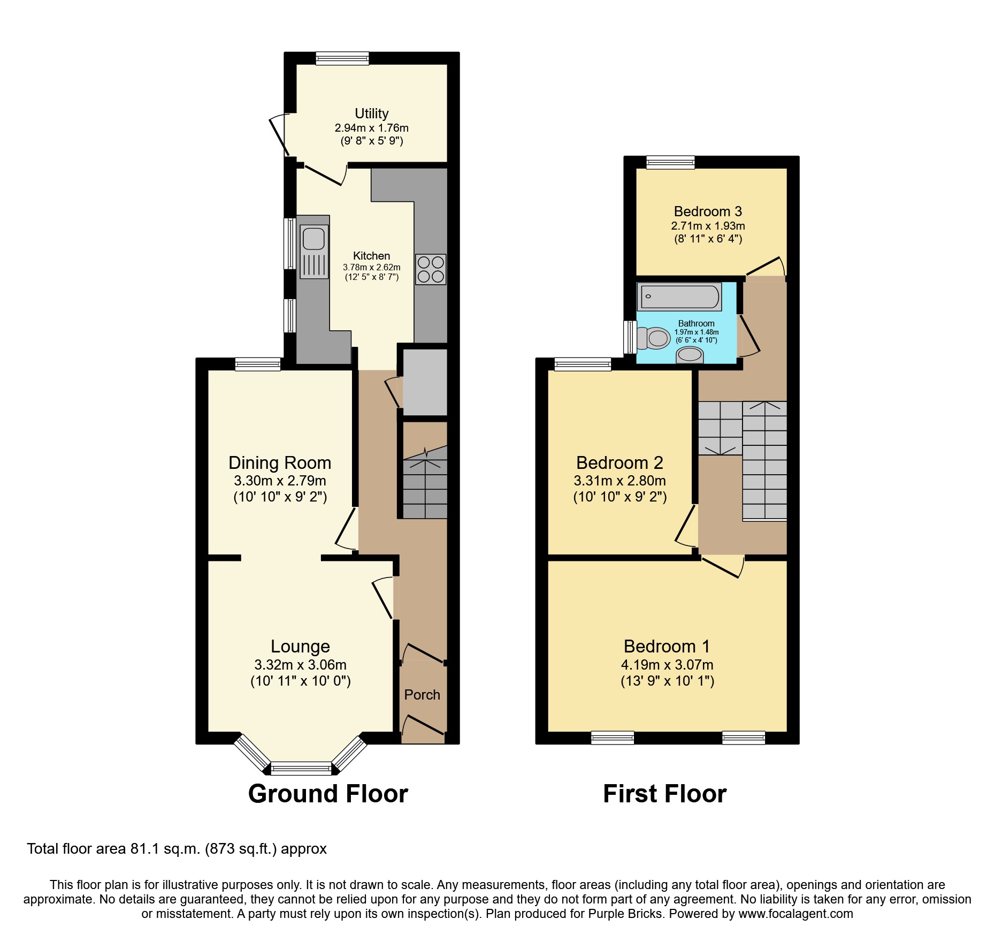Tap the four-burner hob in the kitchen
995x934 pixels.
pyautogui.click(x=431, y=269)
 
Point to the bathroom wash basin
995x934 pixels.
pyautogui.click(x=690, y=355)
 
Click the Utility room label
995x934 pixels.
pyautogui.click(x=371, y=113)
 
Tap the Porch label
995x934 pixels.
pyautogui.click(x=422, y=695)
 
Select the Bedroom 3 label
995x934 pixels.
pyautogui.click(x=708, y=211)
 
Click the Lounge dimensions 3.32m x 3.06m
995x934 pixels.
pyautogui.click(x=300, y=665)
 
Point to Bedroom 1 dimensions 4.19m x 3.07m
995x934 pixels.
pyautogui.click(x=667, y=665)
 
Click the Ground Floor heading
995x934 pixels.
pyautogui.click(x=328, y=793)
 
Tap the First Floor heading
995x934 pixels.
pyautogui.click(x=664, y=793)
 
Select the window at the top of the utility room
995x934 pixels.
pyautogui.click(x=342, y=58)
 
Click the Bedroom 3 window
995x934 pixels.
pyautogui.click(x=670, y=162)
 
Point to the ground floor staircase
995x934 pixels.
pyautogui.click(x=425, y=484)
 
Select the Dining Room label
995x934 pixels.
pyautogui.click(x=280, y=463)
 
